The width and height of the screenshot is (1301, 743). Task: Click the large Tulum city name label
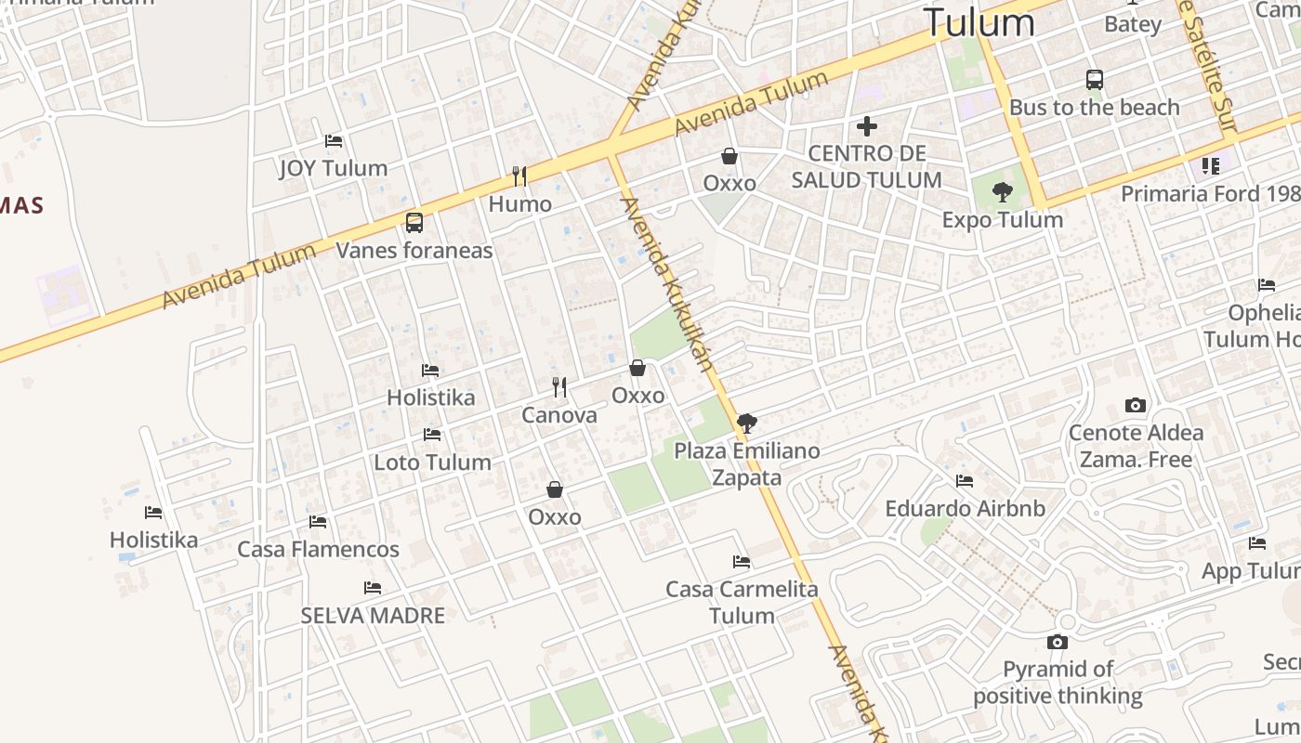(979, 22)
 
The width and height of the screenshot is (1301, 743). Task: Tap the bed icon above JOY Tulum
(334, 141)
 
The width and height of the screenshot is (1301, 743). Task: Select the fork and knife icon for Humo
(519, 176)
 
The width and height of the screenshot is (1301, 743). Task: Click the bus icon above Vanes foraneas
(414, 223)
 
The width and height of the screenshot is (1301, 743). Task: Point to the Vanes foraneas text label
(414, 250)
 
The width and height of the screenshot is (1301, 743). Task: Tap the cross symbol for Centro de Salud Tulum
(867, 126)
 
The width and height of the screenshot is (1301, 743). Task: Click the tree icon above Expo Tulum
(1002, 192)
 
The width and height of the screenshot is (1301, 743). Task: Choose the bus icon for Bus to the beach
(1094, 80)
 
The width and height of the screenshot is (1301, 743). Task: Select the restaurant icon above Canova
(559, 386)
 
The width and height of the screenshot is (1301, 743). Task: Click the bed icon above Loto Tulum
(431, 434)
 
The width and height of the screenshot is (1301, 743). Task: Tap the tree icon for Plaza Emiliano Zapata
(746, 424)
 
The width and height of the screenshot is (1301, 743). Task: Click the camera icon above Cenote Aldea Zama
(1135, 405)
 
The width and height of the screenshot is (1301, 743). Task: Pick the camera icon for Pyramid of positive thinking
(1057, 642)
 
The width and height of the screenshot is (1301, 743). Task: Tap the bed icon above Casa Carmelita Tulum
(741, 561)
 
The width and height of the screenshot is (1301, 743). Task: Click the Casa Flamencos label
(318, 549)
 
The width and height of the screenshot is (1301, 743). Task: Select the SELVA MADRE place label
(373, 615)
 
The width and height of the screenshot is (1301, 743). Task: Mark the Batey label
(1133, 24)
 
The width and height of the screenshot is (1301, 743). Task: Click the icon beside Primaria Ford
(1210, 166)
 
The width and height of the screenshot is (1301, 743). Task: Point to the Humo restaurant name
(519, 203)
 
